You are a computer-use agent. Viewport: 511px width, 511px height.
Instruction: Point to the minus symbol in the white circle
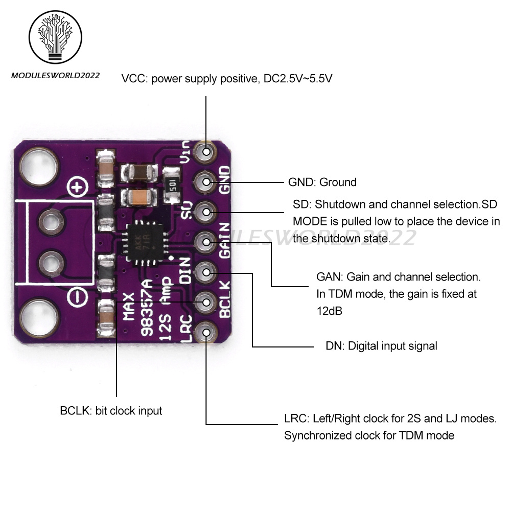77,295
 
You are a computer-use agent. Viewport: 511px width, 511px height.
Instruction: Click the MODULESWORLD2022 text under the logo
55,75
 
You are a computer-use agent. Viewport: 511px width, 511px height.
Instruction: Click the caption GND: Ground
322,182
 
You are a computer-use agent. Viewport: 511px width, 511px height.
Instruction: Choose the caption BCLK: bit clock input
111,410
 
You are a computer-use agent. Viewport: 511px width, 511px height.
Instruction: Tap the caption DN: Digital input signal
381,346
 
